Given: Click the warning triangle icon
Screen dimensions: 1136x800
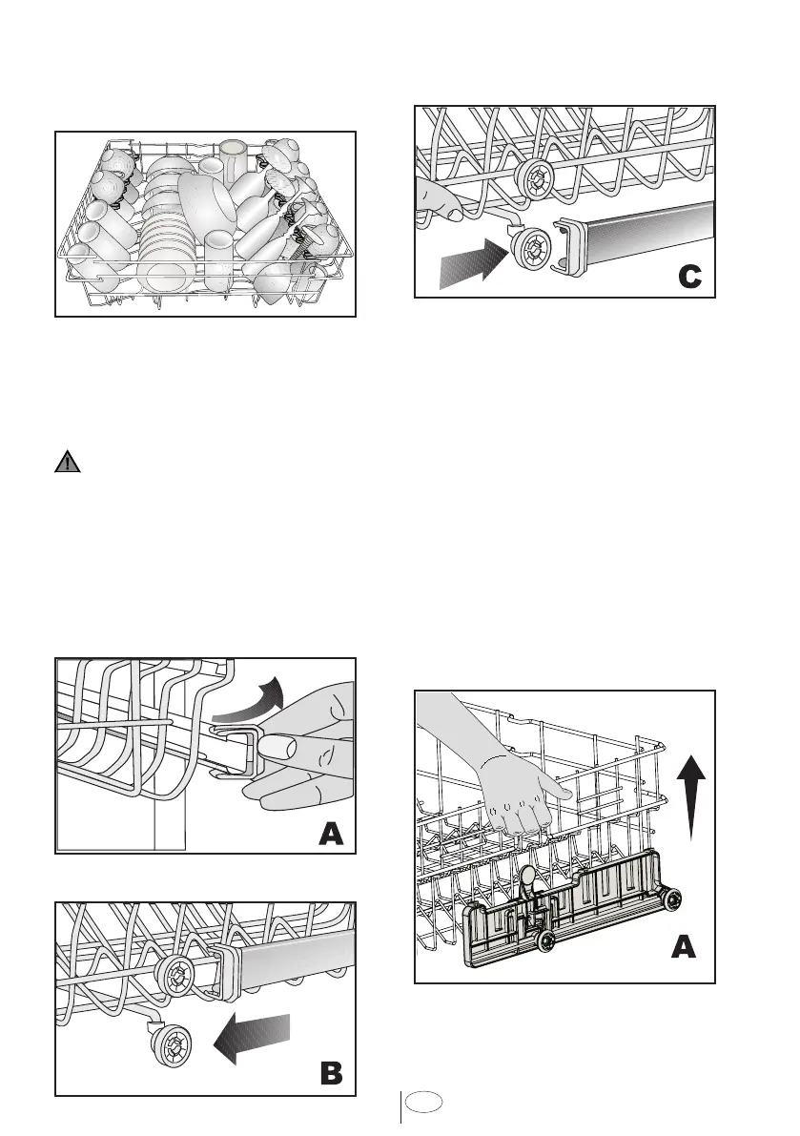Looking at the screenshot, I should click(67, 464).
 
